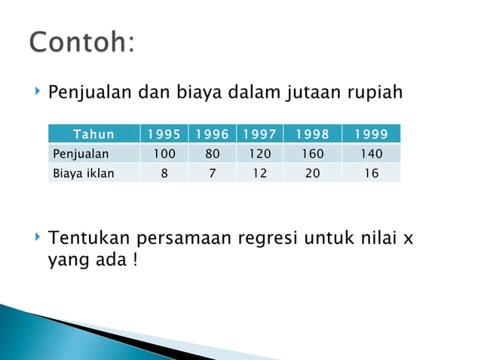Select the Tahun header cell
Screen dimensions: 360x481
(x=93, y=135)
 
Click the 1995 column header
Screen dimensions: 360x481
(x=164, y=135)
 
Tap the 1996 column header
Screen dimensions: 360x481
(x=212, y=135)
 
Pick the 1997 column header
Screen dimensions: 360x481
(x=259, y=135)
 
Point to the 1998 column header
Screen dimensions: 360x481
(x=312, y=135)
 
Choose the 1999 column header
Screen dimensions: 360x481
(x=370, y=135)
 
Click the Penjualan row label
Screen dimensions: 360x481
(x=81, y=154)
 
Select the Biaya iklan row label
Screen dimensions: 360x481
(x=83, y=173)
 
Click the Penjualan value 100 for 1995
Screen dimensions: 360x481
(x=164, y=154)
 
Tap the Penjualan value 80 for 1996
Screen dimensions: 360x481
(x=212, y=154)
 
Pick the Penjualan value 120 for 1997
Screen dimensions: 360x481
(x=259, y=154)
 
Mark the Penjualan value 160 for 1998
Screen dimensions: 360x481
(x=312, y=154)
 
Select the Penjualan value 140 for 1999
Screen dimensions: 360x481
(x=370, y=154)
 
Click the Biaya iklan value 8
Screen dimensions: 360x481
(x=164, y=173)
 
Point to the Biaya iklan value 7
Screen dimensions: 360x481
(x=212, y=173)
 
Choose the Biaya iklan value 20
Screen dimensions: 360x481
(x=312, y=173)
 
